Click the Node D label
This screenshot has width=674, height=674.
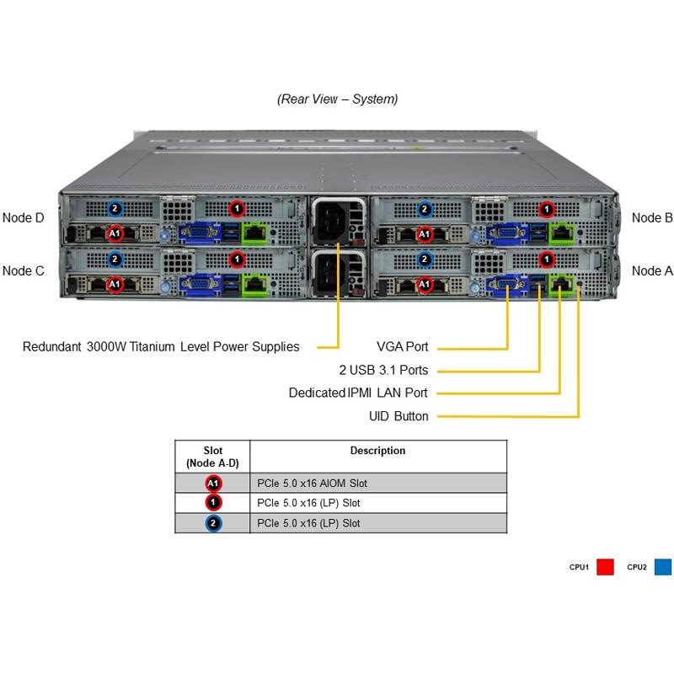point(24,217)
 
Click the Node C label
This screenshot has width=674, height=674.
point(24,270)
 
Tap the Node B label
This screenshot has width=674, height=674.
point(651,217)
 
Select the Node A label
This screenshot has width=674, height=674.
point(651,270)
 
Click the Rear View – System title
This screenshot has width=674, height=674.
point(337,99)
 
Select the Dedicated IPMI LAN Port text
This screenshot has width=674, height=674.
point(358,393)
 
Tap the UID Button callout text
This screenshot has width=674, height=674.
point(399,416)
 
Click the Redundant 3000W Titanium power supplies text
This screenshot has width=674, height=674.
point(161,346)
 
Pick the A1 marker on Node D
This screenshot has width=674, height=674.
point(115,233)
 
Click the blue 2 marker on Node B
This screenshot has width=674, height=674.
point(425,209)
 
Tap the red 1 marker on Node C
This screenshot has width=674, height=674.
point(237,259)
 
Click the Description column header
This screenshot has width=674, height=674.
point(377,451)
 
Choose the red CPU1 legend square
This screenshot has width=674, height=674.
point(605,568)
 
